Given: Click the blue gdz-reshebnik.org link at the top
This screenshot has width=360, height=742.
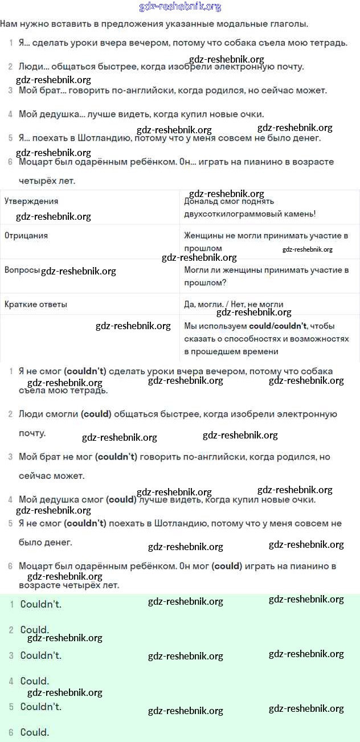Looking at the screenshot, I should tap(180, 7).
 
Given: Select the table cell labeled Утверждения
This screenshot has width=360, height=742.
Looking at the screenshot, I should tap(31, 201).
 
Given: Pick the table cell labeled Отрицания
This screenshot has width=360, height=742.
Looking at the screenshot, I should tap(26, 235).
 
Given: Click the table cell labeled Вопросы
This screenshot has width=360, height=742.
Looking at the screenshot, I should tap(22, 270).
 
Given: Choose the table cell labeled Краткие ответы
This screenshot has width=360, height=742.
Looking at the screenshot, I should tap(36, 304).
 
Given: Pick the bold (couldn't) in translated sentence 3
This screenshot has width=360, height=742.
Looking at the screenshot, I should tap(116, 457).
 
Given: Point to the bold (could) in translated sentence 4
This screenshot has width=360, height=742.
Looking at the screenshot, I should tap(121, 499).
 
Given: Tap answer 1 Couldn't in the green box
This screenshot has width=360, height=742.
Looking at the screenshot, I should tap(40, 604).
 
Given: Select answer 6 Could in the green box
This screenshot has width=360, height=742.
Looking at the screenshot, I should tap(34, 732).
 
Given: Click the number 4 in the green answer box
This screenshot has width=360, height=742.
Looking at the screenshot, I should tap(11, 681).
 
